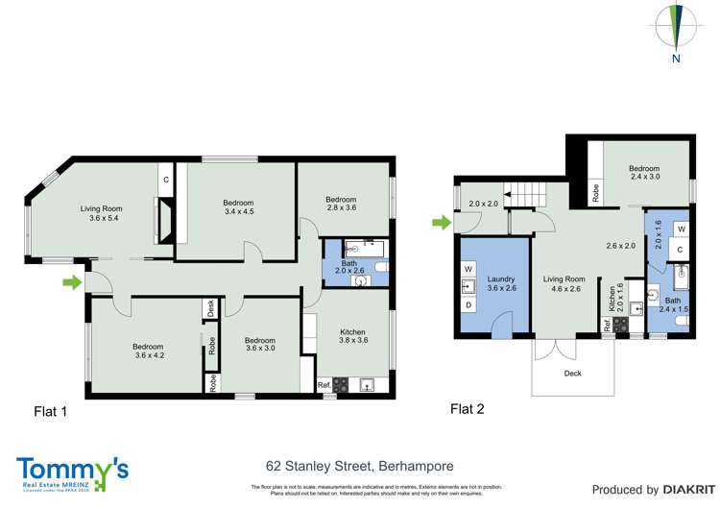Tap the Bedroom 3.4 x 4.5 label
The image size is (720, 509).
tap(238, 207)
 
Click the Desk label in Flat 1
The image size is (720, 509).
tap(210, 309)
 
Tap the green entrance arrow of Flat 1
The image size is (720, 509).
tap(71, 282)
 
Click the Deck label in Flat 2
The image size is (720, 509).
tap(573, 375)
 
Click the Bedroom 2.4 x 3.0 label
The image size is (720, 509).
tap(646, 171)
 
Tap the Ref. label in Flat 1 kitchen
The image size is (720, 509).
tap(324, 386)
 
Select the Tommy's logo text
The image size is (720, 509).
tap(72, 470)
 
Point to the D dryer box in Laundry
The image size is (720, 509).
tap(469, 305)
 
